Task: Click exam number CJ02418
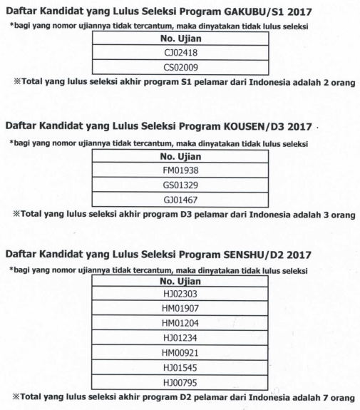tap(180, 53)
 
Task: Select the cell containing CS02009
tap(180, 68)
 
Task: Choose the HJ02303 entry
tap(180, 294)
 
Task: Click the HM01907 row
tap(180, 309)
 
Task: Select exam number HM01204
tap(180, 324)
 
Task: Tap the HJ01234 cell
tap(180, 339)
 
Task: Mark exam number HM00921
tap(180, 354)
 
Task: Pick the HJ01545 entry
tap(180, 369)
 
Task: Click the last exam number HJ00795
tap(180, 383)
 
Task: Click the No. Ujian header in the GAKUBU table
tap(180, 38)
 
